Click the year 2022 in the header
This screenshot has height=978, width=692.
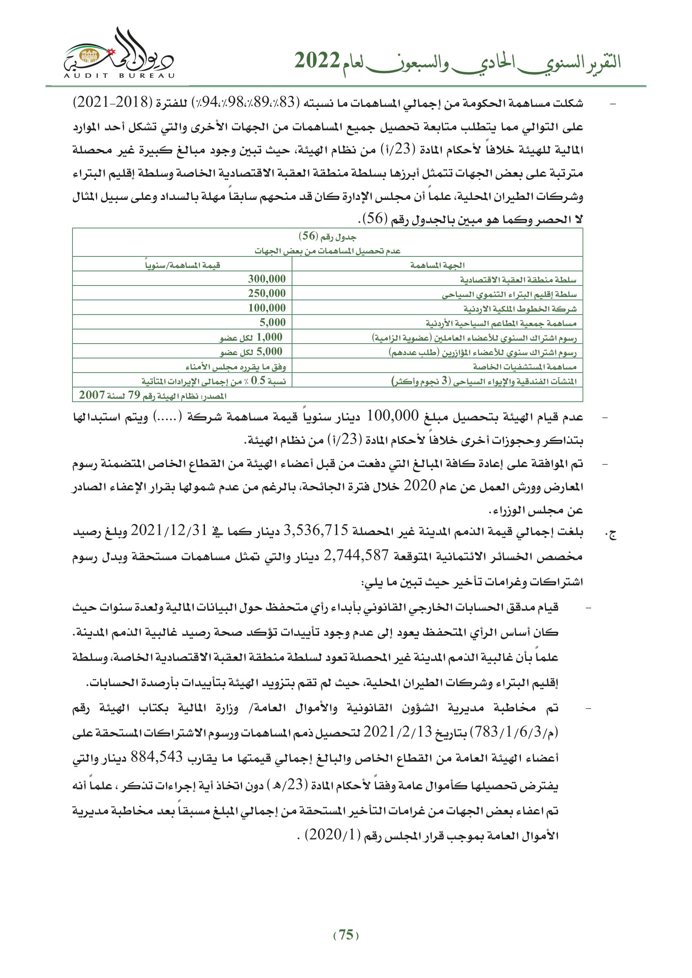(317, 61)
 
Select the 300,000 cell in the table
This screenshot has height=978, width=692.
(267, 279)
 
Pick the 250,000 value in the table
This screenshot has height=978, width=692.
(267, 294)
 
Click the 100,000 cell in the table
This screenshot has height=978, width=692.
(267, 308)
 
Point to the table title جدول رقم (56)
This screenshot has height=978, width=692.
(327, 236)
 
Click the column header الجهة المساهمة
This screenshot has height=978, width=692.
(437, 265)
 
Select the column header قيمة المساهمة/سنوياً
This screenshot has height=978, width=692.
(182, 265)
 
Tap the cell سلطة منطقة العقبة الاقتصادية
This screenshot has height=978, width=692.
(518, 280)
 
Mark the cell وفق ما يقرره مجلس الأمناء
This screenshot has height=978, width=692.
(235, 367)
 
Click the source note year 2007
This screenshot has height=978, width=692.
(92, 395)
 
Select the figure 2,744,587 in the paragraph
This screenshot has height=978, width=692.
(356, 555)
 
